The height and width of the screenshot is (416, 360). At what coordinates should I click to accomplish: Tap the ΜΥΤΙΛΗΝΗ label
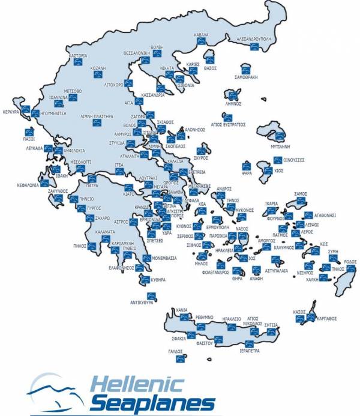point(280,145)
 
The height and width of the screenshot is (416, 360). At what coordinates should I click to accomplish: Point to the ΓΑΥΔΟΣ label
point(175,351)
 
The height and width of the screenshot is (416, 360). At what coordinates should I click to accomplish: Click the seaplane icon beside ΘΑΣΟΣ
point(210,60)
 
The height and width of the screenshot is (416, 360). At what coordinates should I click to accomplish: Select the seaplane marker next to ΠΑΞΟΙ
point(27,131)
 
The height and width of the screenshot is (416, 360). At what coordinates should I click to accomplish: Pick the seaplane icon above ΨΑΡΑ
point(246,166)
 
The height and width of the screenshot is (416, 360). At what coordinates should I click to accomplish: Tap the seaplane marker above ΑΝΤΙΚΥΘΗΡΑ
point(151,295)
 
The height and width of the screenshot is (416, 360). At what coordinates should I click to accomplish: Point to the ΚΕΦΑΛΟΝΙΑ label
point(23,185)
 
